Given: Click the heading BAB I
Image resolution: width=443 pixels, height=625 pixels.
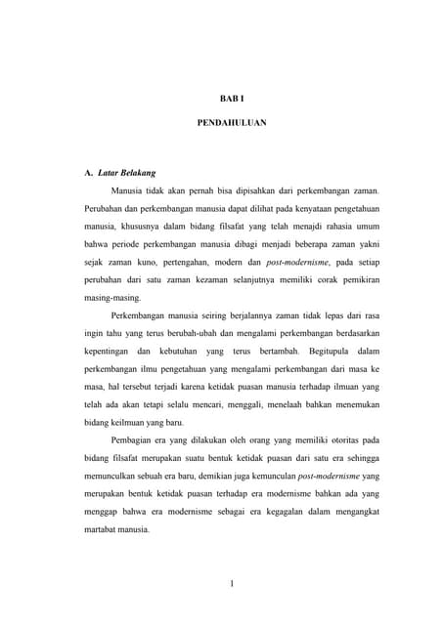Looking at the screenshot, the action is (225, 99).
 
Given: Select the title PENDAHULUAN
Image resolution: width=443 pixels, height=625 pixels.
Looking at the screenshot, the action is (225, 124).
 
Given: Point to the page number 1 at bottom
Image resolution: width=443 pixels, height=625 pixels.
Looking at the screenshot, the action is (231, 585).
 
